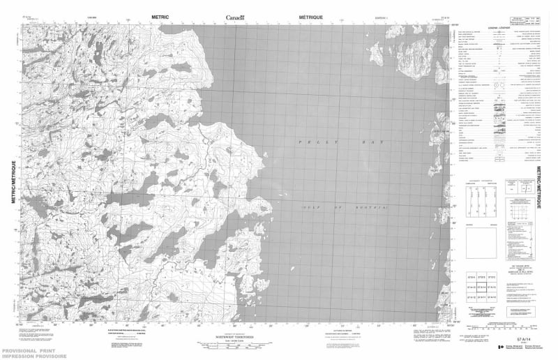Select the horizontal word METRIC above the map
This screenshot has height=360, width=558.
(x=160, y=15)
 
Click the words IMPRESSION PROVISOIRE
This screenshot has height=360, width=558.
(x=34, y=355)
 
